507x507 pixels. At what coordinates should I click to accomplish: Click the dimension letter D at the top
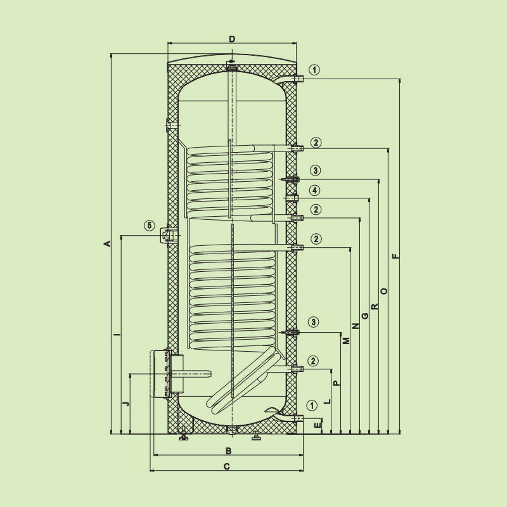pyautogui.click(x=232, y=39)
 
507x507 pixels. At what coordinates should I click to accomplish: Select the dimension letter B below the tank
pyautogui.click(x=228, y=451)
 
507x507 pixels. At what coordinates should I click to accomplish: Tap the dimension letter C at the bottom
pyautogui.click(x=227, y=466)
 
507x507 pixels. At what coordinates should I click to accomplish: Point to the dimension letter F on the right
pyautogui.click(x=395, y=257)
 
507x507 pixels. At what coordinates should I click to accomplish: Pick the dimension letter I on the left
pyautogui.click(x=119, y=333)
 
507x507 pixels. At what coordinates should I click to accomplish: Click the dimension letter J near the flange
pyautogui.click(x=127, y=403)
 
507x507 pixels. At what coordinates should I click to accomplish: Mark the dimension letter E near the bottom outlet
pyautogui.click(x=318, y=425)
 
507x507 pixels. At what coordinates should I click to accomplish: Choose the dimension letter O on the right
pyautogui.click(x=384, y=291)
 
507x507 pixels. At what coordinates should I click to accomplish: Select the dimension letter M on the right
pyautogui.click(x=346, y=340)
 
